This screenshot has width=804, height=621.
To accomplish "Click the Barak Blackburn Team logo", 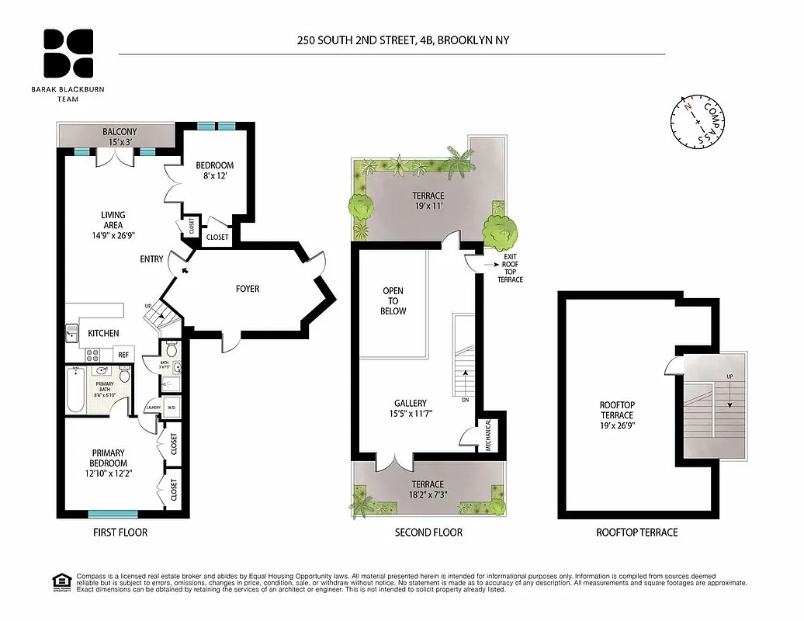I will [x=68, y=54].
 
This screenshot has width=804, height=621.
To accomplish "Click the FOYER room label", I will [x=248, y=289].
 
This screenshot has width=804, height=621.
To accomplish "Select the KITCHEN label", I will [x=103, y=333].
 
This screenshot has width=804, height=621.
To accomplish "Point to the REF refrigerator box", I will [x=123, y=354].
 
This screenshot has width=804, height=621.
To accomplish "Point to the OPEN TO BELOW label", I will [x=393, y=301].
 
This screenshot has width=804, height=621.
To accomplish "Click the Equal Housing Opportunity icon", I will [x=59, y=581].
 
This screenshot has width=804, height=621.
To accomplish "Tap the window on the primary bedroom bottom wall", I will [x=113, y=514].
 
